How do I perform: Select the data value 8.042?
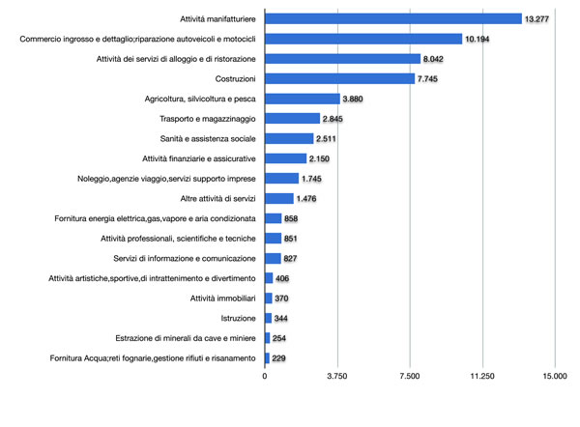436,59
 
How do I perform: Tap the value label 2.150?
321,158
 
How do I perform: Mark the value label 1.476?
307,199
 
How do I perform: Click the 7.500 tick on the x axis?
410,377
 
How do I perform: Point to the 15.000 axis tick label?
554,377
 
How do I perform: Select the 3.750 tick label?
337,377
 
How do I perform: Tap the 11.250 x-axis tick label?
481,377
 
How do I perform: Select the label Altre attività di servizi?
204,199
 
